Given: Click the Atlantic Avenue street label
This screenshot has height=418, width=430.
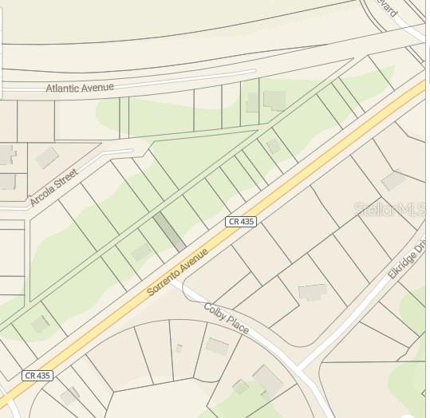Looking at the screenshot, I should tap(80, 87).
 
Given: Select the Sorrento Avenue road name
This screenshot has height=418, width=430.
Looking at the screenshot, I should tap(177, 272).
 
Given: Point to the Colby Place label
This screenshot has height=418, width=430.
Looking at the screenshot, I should tap(227, 317).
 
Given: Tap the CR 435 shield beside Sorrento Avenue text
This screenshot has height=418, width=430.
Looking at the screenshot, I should tap(241, 221).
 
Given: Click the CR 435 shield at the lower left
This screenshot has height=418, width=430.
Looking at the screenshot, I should tap(37, 375).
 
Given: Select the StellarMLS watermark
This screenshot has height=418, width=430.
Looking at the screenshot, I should tap(391, 210).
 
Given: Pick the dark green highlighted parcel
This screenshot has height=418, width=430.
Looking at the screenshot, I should tap(169, 230).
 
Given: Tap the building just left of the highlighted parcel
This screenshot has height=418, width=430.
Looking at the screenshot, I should tap(141, 252).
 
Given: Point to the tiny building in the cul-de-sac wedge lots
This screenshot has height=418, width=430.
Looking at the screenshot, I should tap(179, 348).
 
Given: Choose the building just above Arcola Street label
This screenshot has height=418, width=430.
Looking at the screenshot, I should tap(47, 156).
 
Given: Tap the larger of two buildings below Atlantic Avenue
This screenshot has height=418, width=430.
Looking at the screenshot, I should tap(274, 99).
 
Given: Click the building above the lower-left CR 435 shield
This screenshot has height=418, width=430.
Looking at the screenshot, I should tap(40, 324).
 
